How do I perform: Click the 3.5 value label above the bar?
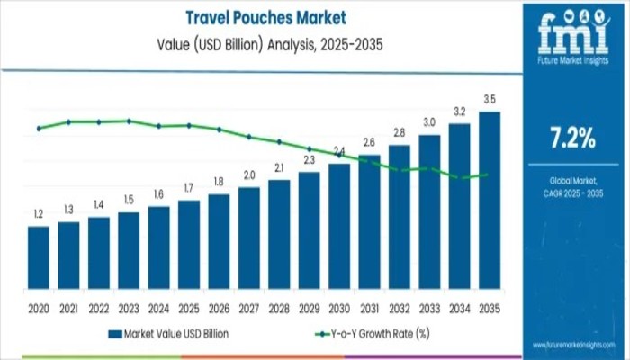489,100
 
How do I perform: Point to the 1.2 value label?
38,214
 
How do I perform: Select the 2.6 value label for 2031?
369,142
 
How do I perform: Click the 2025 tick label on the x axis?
188,308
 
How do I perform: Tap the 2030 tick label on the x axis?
338,308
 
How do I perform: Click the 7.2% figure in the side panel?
572,138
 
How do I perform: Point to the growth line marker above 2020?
38,129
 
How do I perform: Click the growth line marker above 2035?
487,175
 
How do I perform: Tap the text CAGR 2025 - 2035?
572,194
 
